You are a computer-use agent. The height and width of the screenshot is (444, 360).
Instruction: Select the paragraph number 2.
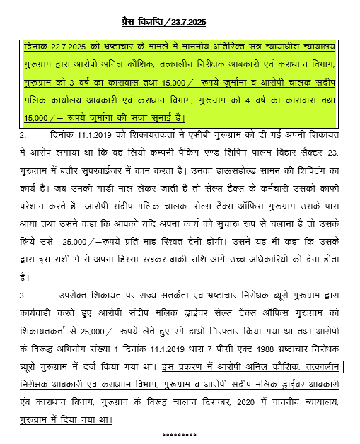[x=23, y=134]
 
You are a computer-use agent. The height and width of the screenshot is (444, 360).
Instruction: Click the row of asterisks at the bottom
[x=179, y=433]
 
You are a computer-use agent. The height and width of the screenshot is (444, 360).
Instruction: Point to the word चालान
[x=180, y=400]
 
